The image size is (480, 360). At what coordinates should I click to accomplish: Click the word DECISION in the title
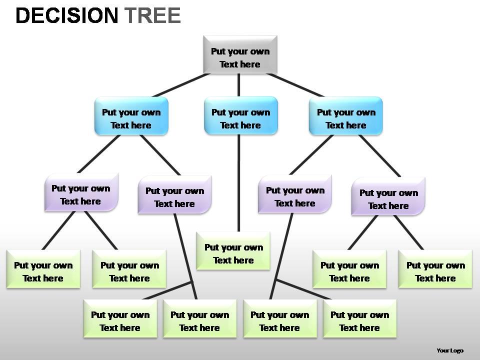tap(66, 16)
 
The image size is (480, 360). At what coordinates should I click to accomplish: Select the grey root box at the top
tap(240, 54)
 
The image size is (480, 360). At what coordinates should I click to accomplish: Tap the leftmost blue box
tap(131, 116)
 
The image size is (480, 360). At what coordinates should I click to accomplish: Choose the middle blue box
tap(240, 116)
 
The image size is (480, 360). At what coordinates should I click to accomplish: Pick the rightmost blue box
tap(345, 116)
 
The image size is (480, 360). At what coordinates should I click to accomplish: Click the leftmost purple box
tap(81, 192)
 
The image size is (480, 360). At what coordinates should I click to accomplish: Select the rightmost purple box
tap(388, 196)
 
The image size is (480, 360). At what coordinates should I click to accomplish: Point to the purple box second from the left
tap(174, 195)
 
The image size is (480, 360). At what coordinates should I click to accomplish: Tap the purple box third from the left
tap(295, 194)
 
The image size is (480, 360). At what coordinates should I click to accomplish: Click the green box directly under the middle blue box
tap(233, 251)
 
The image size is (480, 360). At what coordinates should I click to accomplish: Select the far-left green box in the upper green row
tap(43, 269)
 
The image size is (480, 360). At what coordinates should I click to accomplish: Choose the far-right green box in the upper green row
tap(435, 269)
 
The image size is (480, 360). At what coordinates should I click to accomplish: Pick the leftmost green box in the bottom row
tap(120, 318)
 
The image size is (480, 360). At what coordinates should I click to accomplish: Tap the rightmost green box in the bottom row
tap(359, 318)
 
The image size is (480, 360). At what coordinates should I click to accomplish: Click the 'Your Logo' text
tap(449, 350)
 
